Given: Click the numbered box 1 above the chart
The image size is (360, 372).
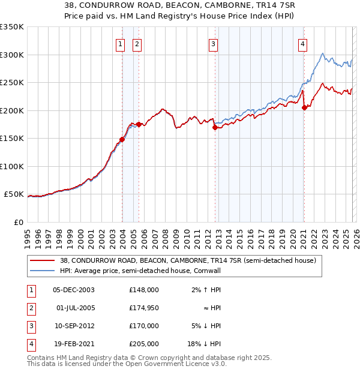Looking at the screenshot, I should tap(121, 43).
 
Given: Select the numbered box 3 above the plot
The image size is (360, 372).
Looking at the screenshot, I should tap(213, 43).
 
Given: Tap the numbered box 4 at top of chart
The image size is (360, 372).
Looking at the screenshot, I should tap(303, 43).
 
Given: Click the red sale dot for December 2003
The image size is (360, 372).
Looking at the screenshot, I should tap(122, 139).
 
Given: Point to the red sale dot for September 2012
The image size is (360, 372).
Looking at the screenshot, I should tap(215, 127).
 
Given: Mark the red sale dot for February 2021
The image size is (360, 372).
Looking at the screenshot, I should tap(304, 108).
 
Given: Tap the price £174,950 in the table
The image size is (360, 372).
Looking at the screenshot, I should tap(144, 307).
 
